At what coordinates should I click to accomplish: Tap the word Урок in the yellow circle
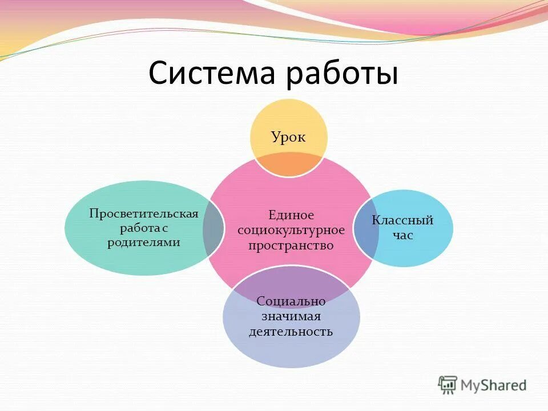[x=289, y=137]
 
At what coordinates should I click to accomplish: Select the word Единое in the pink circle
[x=292, y=215]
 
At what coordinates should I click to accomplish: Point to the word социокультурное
[x=291, y=230]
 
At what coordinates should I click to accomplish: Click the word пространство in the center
[x=291, y=245]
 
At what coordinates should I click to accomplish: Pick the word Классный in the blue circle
[x=403, y=220]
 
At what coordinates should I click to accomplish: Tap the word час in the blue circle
[x=403, y=235]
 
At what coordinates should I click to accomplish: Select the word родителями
[x=144, y=242]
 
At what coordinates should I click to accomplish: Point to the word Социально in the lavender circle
[x=291, y=301]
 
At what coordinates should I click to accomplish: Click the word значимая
[x=291, y=316]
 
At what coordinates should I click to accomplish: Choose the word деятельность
[x=291, y=331]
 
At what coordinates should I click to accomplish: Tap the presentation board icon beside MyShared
[x=448, y=384]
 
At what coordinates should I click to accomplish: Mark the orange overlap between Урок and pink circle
[x=291, y=166]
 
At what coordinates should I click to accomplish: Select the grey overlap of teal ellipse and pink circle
[x=213, y=228]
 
